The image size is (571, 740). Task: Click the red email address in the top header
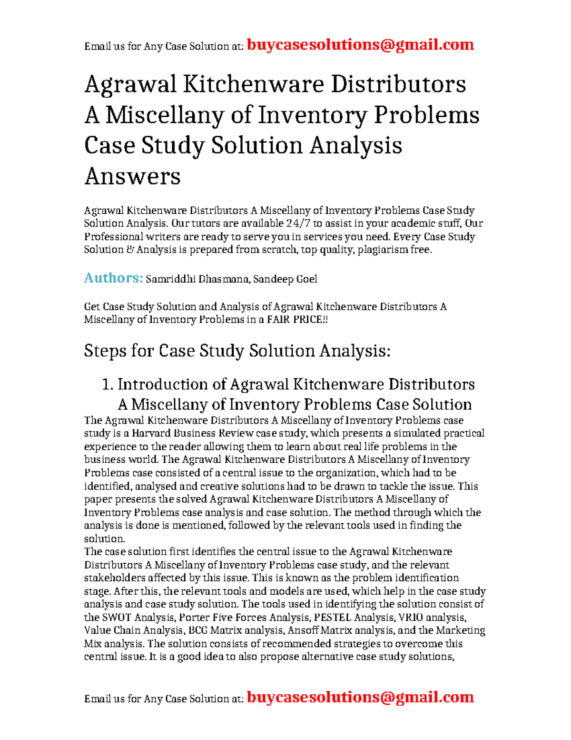[360, 45]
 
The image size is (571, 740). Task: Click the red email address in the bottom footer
[360, 697]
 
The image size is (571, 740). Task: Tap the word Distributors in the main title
[398, 84]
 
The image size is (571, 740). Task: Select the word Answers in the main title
[132, 176]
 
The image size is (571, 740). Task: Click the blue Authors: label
[113, 278]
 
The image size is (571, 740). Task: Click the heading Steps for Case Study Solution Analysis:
[237, 351]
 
